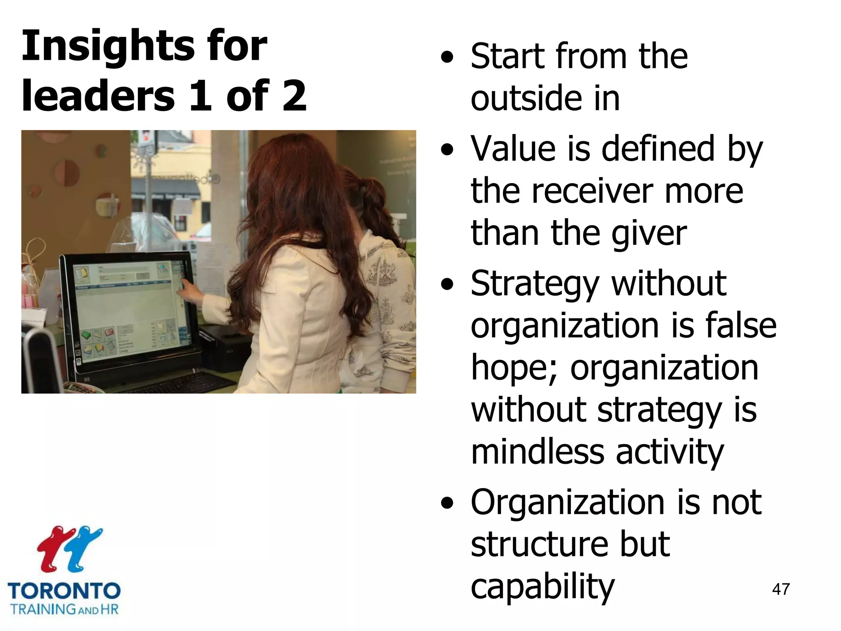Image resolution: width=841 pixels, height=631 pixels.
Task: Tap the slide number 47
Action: click(781, 589)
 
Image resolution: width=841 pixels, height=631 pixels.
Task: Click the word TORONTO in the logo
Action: click(64, 591)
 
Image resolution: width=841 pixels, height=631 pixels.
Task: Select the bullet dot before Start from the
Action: click(447, 58)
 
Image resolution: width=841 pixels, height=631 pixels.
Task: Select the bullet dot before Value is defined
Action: click(447, 150)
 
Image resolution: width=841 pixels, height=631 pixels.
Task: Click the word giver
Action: click(649, 234)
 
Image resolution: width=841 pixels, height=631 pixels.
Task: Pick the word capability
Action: click(542, 587)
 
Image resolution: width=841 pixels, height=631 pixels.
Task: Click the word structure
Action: click(538, 544)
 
